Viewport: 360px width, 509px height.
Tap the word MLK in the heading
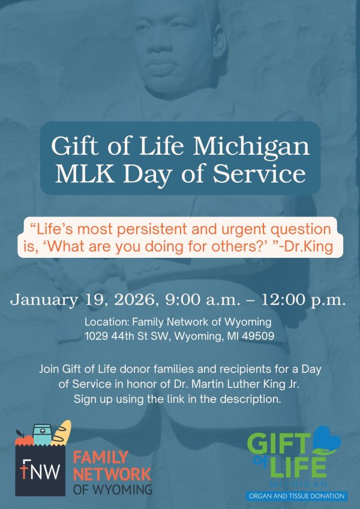tap(85, 173)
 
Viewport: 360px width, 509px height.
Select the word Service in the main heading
tap(259, 173)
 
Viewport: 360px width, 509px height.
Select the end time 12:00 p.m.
tap(303, 300)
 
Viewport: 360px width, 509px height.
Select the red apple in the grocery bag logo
tap(23, 439)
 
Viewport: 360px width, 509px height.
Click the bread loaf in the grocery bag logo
tap(62, 433)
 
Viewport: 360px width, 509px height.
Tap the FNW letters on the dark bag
tap(40, 470)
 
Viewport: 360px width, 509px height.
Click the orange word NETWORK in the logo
tap(112, 474)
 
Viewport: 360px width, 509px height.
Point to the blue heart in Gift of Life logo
tap(326, 439)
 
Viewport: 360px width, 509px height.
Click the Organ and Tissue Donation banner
tap(296, 496)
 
